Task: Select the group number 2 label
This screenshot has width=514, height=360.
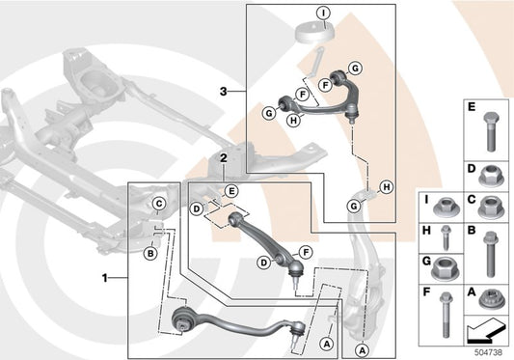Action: click(x=223, y=155)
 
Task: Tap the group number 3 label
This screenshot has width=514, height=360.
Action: click(x=222, y=92)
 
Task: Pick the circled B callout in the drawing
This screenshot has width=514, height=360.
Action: click(x=150, y=254)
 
